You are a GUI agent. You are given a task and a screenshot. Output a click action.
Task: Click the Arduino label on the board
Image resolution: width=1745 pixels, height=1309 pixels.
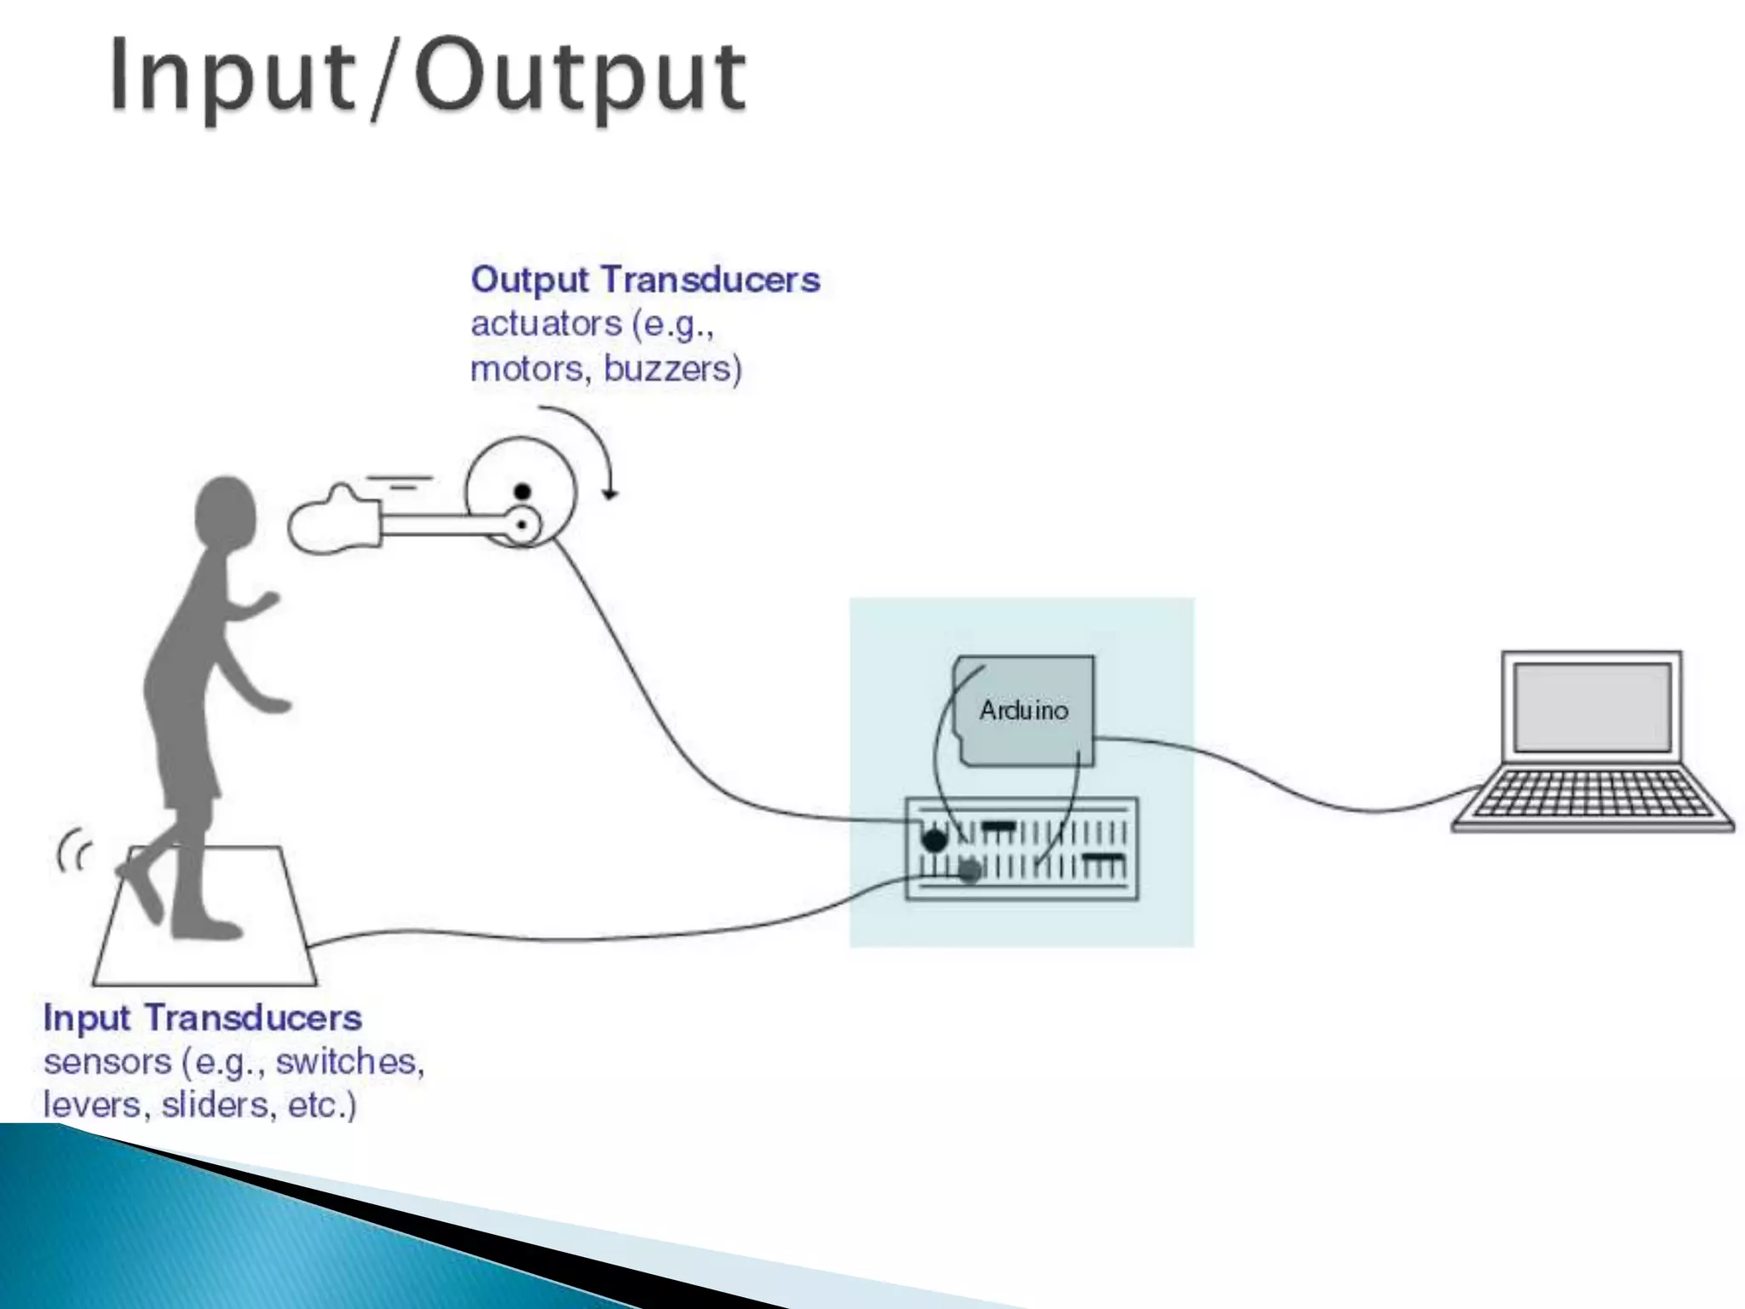click(1023, 710)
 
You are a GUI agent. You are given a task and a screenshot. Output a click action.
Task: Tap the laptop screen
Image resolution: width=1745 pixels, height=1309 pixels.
click(1592, 707)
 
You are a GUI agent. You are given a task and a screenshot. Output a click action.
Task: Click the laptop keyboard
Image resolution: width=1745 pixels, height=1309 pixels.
click(1592, 793)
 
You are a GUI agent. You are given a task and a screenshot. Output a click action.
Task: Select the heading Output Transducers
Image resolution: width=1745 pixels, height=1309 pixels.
click(645, 280)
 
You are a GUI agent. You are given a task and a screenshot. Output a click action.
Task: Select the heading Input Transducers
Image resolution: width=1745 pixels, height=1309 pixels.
click(203, 1018)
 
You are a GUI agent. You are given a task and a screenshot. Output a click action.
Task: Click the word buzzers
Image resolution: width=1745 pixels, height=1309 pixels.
click(672, 369)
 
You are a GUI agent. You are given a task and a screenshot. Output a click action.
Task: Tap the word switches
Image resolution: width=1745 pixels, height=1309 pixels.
click(349, 1062)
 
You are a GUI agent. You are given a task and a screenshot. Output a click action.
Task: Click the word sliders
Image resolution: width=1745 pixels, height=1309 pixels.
click(216, 1105)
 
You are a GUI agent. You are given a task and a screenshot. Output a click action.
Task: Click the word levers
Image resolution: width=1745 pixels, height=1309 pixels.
click(92, 1105)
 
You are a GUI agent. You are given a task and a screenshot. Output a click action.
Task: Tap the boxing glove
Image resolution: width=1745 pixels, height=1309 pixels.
click(332, 521)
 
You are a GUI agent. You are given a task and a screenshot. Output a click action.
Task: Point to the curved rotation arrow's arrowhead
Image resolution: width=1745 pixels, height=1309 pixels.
click(609, 493)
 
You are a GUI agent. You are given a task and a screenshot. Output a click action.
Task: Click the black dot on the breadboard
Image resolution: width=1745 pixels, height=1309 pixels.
click(935, 840)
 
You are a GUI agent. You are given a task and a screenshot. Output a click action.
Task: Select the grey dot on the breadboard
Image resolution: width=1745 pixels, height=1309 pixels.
click(970, 871)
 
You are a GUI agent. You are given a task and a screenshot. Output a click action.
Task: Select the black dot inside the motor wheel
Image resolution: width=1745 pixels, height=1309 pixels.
click(522, 492)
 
